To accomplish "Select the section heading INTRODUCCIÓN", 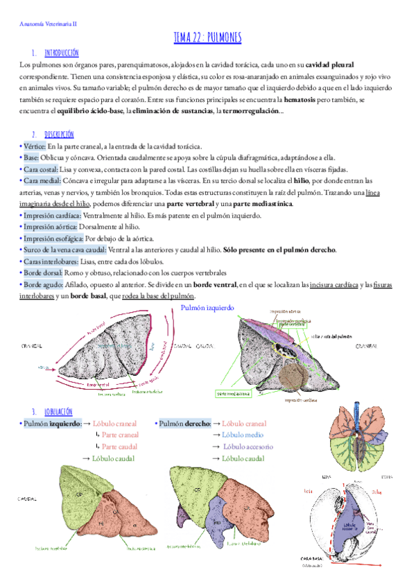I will click(61, 53).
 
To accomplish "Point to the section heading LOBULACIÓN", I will click(60, 411).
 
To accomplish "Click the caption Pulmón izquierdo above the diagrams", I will click(207, 308).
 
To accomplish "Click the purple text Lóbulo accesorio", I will click(249, 447).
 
